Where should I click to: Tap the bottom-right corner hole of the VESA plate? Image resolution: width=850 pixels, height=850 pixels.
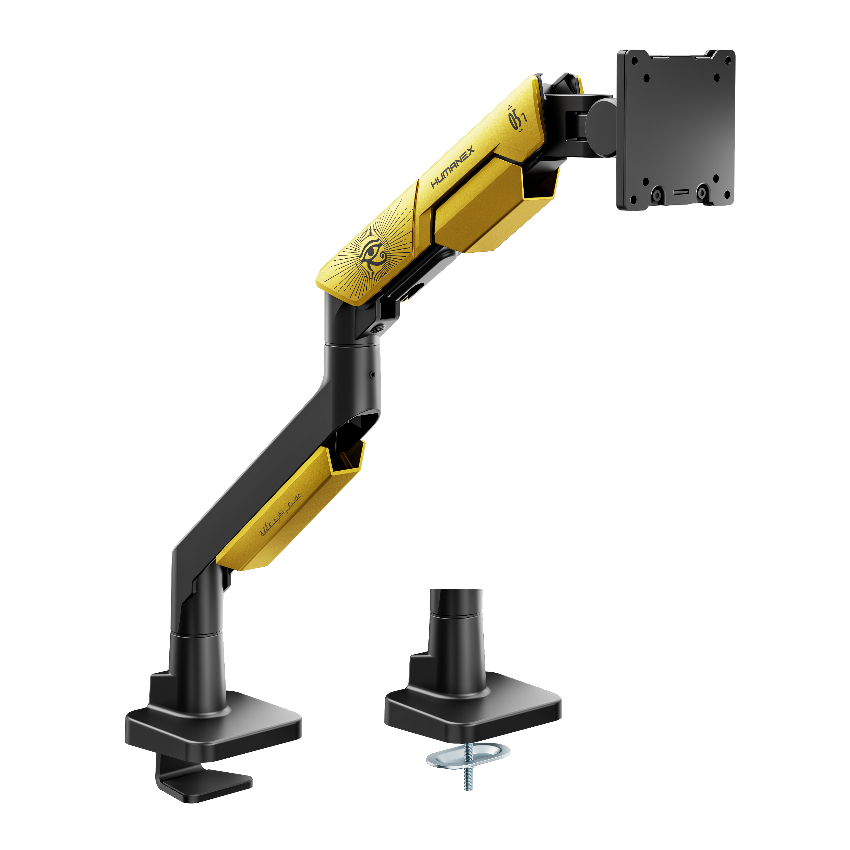click(x=716, y=178)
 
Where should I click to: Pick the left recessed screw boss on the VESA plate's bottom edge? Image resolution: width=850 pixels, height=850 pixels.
click(x=656, y=193)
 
